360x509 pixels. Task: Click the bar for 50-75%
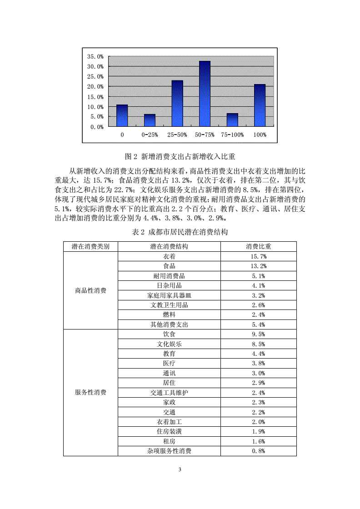tap(205, 94)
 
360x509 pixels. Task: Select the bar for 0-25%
tap(150, 120)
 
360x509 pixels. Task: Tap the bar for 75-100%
tap(232, 120)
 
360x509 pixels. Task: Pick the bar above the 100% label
tap(260, 105)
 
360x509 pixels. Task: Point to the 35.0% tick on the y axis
tap(95, 57)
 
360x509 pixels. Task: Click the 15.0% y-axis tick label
tap(95, 97)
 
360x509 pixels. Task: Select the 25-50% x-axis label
tap(177, 135)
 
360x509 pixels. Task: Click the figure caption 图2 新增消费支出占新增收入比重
tap(180, 157)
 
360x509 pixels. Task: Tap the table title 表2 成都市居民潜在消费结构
tap(180, 232)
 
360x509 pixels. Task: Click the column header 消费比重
tap(258, 246)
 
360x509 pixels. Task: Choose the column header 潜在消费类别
tap(90, 246)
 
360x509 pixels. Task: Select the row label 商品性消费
tap(90, 290)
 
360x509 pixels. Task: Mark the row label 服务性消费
tap(90, 392)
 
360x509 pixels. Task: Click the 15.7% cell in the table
tap(258, 256)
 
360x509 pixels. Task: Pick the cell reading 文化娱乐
tap(169, 344)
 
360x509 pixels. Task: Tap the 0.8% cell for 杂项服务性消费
tap(258, 451)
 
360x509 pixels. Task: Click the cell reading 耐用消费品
tap(169, 276)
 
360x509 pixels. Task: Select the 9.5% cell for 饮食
tap(258, 334)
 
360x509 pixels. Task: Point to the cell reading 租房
tap(169, 441)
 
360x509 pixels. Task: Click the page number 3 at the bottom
tap(180, 469)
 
